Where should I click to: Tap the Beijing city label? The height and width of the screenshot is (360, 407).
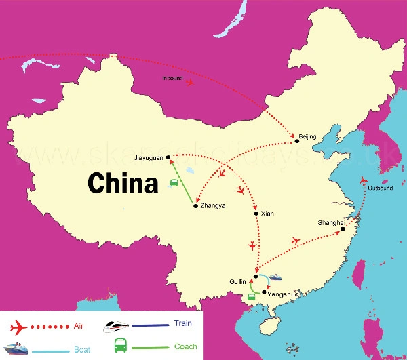pyautogui.click(x=307, y=137)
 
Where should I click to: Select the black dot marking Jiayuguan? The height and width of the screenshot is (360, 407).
pyautogui.click(x=168, y=157)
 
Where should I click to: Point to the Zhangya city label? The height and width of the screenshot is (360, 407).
pyautogui.click(x=214, y=205)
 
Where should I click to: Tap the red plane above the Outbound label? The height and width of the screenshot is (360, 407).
pyautogui.click(x=364, y=180)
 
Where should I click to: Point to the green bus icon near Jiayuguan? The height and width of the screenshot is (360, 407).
pyautogui.click(x=174, y=182)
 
